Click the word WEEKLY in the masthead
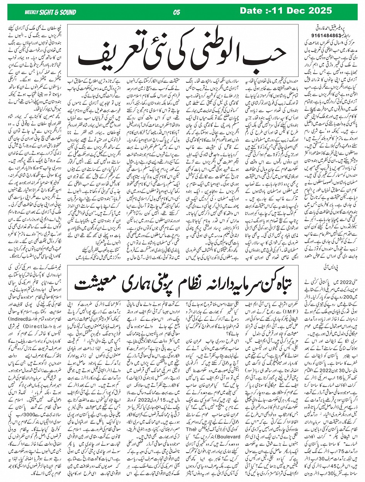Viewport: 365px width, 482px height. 32,12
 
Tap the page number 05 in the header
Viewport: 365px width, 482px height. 177,12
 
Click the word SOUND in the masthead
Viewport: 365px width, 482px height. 67,12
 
